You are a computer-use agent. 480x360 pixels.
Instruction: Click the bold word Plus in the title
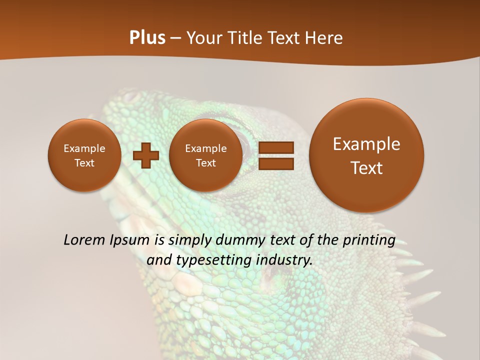pyautogui.click(x=147, y=38)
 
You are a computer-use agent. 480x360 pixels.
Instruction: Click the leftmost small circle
pyautogui.click(x=84, y=155)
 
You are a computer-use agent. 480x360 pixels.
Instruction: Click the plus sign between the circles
pyautogui.click(x=146, y=155)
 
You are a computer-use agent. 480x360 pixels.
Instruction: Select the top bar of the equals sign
pyautogui.click(x=275, y=147)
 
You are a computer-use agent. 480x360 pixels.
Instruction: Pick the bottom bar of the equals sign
pyautogui.click(x=275, y=164)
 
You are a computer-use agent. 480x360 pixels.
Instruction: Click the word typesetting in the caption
pyautogui.click(x=212, y=260)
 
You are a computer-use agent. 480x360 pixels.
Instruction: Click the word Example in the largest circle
pyautogui.click(x=366, y=144)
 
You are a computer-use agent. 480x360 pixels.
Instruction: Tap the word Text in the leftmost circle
pyautogui.click(x=84, y=163)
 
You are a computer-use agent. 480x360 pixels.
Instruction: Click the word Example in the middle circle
pyautogui.click(x=205, y=148)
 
